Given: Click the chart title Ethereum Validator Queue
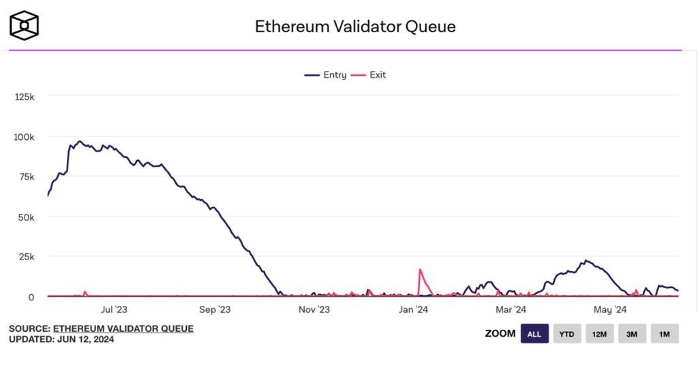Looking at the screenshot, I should click(355, 27).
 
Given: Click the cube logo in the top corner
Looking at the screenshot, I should click(24, 25).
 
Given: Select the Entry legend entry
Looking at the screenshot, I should click(326, 75).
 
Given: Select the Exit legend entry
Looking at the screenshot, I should click(371, 75).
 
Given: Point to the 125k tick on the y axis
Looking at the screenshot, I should click(25, 97).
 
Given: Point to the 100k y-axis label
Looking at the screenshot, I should click(25, 137).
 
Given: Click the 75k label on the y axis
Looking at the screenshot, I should click(27, 177).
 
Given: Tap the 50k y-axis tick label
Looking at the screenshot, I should click(27, 216).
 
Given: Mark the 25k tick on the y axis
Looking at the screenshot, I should click(27, 257).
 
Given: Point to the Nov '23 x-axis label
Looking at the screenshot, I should click(314, 309).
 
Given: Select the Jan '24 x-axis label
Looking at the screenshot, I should click(414, 309).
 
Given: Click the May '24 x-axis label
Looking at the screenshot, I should click(610, 309).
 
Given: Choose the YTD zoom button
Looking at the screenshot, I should click(566, 334).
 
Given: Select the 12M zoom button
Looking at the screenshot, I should click(599, 334).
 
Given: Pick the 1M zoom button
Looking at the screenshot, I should click(665, 334).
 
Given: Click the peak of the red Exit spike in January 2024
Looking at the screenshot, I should click(420, 269).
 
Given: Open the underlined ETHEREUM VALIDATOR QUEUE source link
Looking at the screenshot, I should click(123, 328).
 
